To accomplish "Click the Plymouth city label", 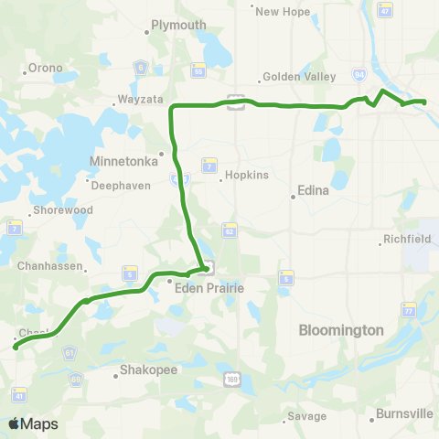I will point(178,26).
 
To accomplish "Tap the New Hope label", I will point(279,12).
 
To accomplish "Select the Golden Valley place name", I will point(293,78).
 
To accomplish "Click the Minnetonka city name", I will point(125,160).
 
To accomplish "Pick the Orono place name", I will point(46,66).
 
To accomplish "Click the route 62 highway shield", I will point(229,229).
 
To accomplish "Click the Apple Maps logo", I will point(33,423).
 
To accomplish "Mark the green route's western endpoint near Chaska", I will point(15,347).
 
